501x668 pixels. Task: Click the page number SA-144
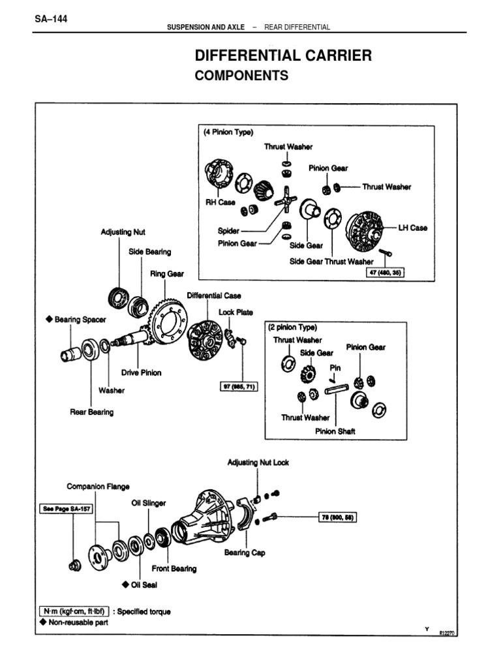(50, 18)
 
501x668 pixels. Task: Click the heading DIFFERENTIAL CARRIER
(283, 55)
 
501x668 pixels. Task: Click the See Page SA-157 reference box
(63, 510)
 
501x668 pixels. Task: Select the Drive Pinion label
(141, 372)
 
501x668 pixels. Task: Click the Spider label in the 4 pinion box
(229, 231)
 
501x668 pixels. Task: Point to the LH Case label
(413, 228)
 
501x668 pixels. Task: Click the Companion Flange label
(98, 487)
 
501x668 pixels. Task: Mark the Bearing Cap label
(245, 553)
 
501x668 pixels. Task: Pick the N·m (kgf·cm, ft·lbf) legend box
(73, 612)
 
